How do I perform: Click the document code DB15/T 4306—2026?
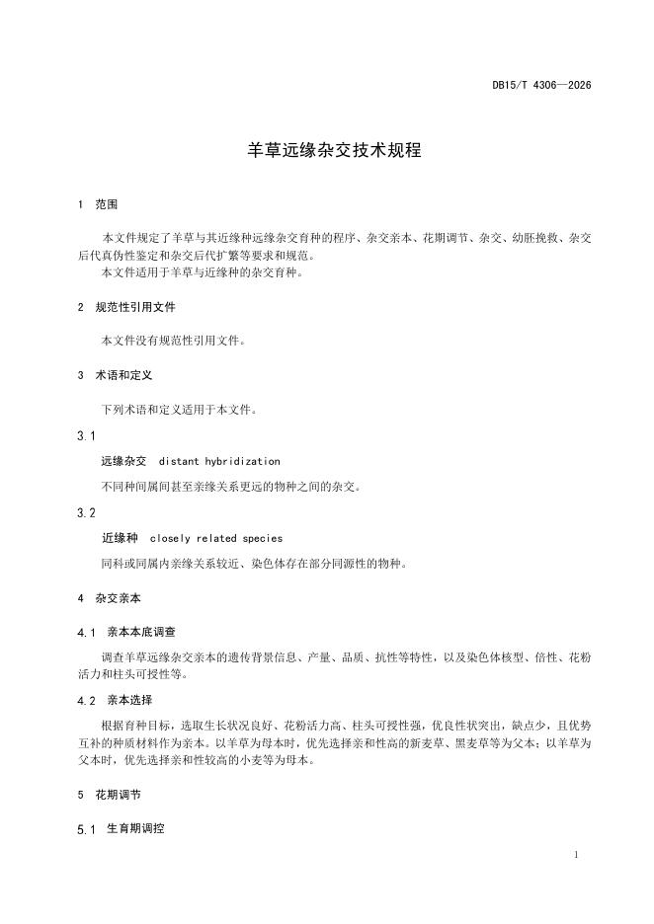pyautogui.click(x=541, y=85)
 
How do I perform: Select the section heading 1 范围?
pyautogui.click(x=98, y=205)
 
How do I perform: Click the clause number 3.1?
pyautogui.click(x=86, y=435)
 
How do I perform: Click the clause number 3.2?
pyautogui.click(x=86, y=513)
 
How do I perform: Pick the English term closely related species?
pyautogui.click(x=215, y=539)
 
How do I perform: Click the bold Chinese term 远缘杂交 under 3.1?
pyautogui.click(x=123, y=461)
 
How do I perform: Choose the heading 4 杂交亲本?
pyautogui.click(x=109, y=598)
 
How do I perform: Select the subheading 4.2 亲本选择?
pyautogui.click(x=115, y=700)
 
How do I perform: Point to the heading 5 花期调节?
pyautogui.click(x=109, y=794)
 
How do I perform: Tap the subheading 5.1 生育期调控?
pyautogui.click(x=121, y=828)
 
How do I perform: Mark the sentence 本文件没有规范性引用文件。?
pyautogui.click(x=173, y=341)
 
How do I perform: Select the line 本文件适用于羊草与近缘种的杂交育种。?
pyautogui.click(x=202, y=272)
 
